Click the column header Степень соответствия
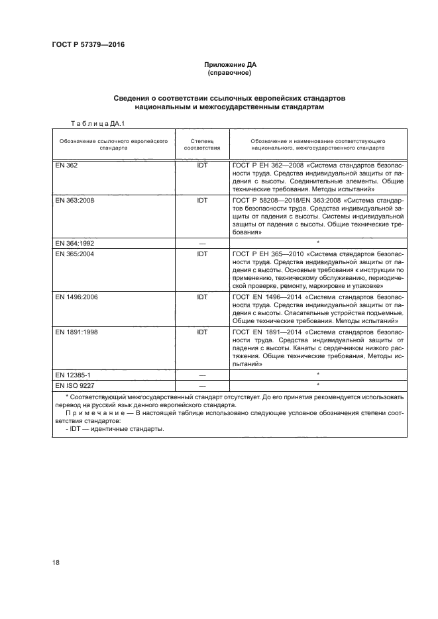coord(203,145)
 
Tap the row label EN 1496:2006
coord(78,298)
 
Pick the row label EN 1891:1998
coord(78,332)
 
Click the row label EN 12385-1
coord(73,374)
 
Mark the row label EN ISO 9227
coord(74,385)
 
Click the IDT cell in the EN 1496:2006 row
coord(203,298)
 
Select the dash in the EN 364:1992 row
coord(203,243)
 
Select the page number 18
coord(56,562)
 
